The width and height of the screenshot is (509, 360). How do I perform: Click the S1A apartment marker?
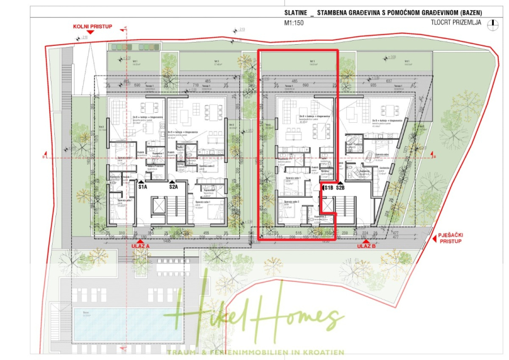[x=143, y=186]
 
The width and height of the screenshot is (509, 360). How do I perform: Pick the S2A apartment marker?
[x=173, y=186]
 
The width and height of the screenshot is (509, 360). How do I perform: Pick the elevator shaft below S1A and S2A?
[x=158, y=207]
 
